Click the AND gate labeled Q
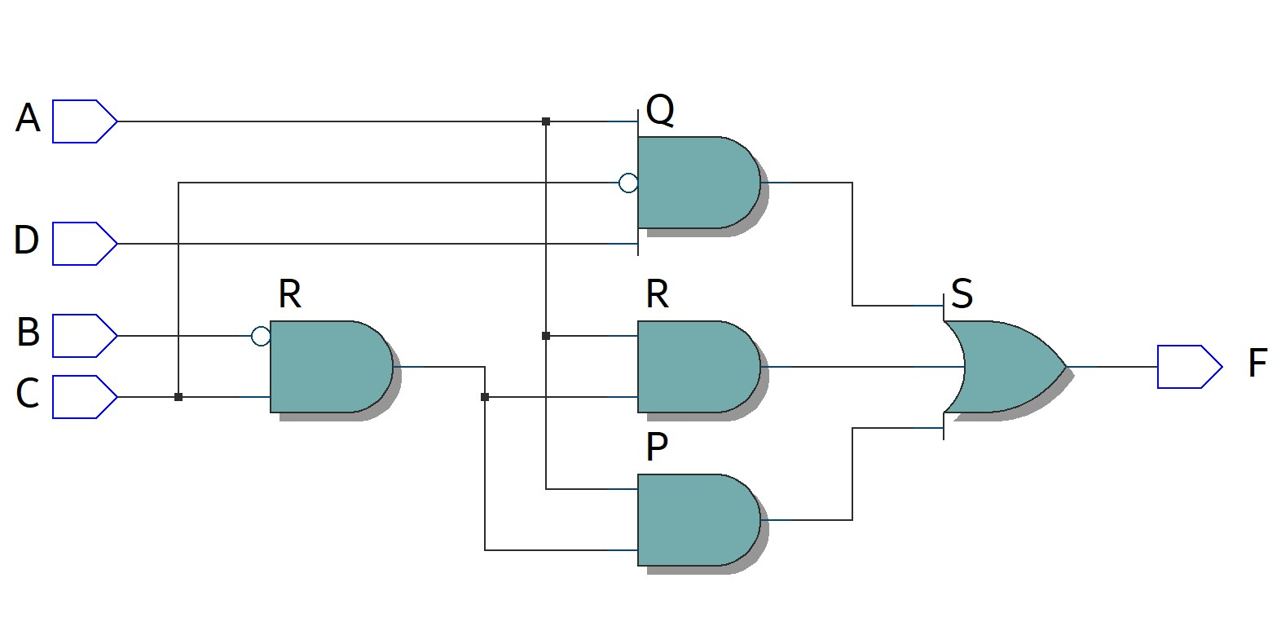tap(697, 183)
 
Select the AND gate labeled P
tap(697, 520)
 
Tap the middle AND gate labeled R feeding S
tap(697, 367)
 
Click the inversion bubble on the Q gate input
tap(628, 183)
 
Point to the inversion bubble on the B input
tap(261, 336)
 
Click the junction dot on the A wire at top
tap(546, 121)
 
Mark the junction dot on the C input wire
tap(178, 397)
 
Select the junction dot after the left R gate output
tap(485, 397)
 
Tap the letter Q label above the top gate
tap(660, 109)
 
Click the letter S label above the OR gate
tap(962, 293)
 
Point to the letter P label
tap(657, 447)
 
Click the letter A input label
tap(28, 118)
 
